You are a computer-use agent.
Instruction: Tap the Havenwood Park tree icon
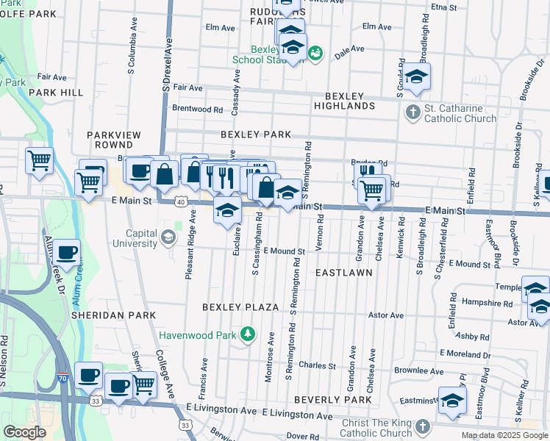pos(249,335)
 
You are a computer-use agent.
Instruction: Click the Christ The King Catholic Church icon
pos(423,426)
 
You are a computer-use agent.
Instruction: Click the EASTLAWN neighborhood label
pos(343,272)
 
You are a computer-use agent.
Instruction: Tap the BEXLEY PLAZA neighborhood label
pos(240,306)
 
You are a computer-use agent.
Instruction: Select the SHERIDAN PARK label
pos(113,315)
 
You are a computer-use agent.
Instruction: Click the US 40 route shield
pos(181,200)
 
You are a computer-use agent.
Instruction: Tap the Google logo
pos(25,432)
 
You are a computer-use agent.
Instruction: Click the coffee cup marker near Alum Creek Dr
pos(66,252)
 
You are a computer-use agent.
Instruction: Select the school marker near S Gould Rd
pos(416,76)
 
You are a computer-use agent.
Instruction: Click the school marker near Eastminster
pos(452,400)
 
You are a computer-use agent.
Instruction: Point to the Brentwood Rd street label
pos(197,109)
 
